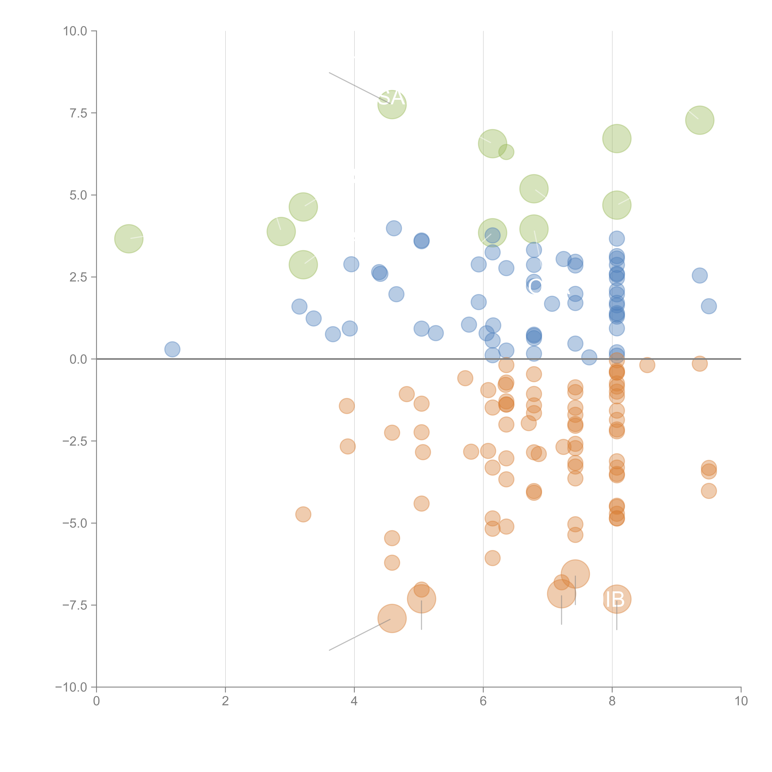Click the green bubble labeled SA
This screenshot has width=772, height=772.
click(x=392, y=105)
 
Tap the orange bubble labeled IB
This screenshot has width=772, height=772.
click(x=617, y=599)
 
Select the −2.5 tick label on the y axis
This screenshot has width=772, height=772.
click(x=75, y=441)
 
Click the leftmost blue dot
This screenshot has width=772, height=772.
click(x=172, y=349)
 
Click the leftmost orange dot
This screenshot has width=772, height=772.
click(x=303, y=514)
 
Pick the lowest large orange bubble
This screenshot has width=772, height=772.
click(x=392, y=618)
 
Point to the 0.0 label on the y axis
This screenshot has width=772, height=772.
click(x=78, y=359)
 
